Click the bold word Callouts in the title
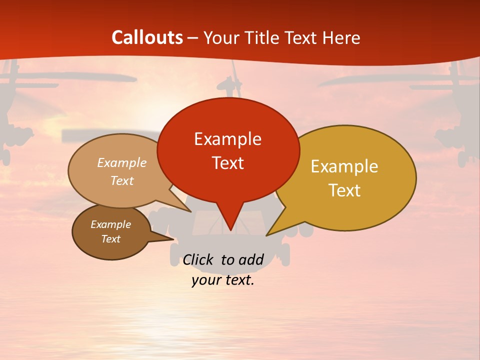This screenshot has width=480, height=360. (147, 37)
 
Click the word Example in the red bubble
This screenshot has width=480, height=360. (227, 139)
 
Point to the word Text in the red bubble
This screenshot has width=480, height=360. (227, 163)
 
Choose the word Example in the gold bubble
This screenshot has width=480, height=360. (344, 166)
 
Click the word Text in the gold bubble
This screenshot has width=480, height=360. (344, 190)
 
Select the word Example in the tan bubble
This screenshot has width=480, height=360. (122, 163)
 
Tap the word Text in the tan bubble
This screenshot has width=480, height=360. (122, 180)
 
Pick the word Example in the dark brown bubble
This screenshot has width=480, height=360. (110, 224)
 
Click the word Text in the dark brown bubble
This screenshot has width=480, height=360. (110, 239)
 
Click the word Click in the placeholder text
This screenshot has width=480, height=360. (198, 259)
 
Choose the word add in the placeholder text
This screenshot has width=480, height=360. (251, 259)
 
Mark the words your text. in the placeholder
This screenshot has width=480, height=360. (223, 280)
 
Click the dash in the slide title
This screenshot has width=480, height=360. (193, 37)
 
